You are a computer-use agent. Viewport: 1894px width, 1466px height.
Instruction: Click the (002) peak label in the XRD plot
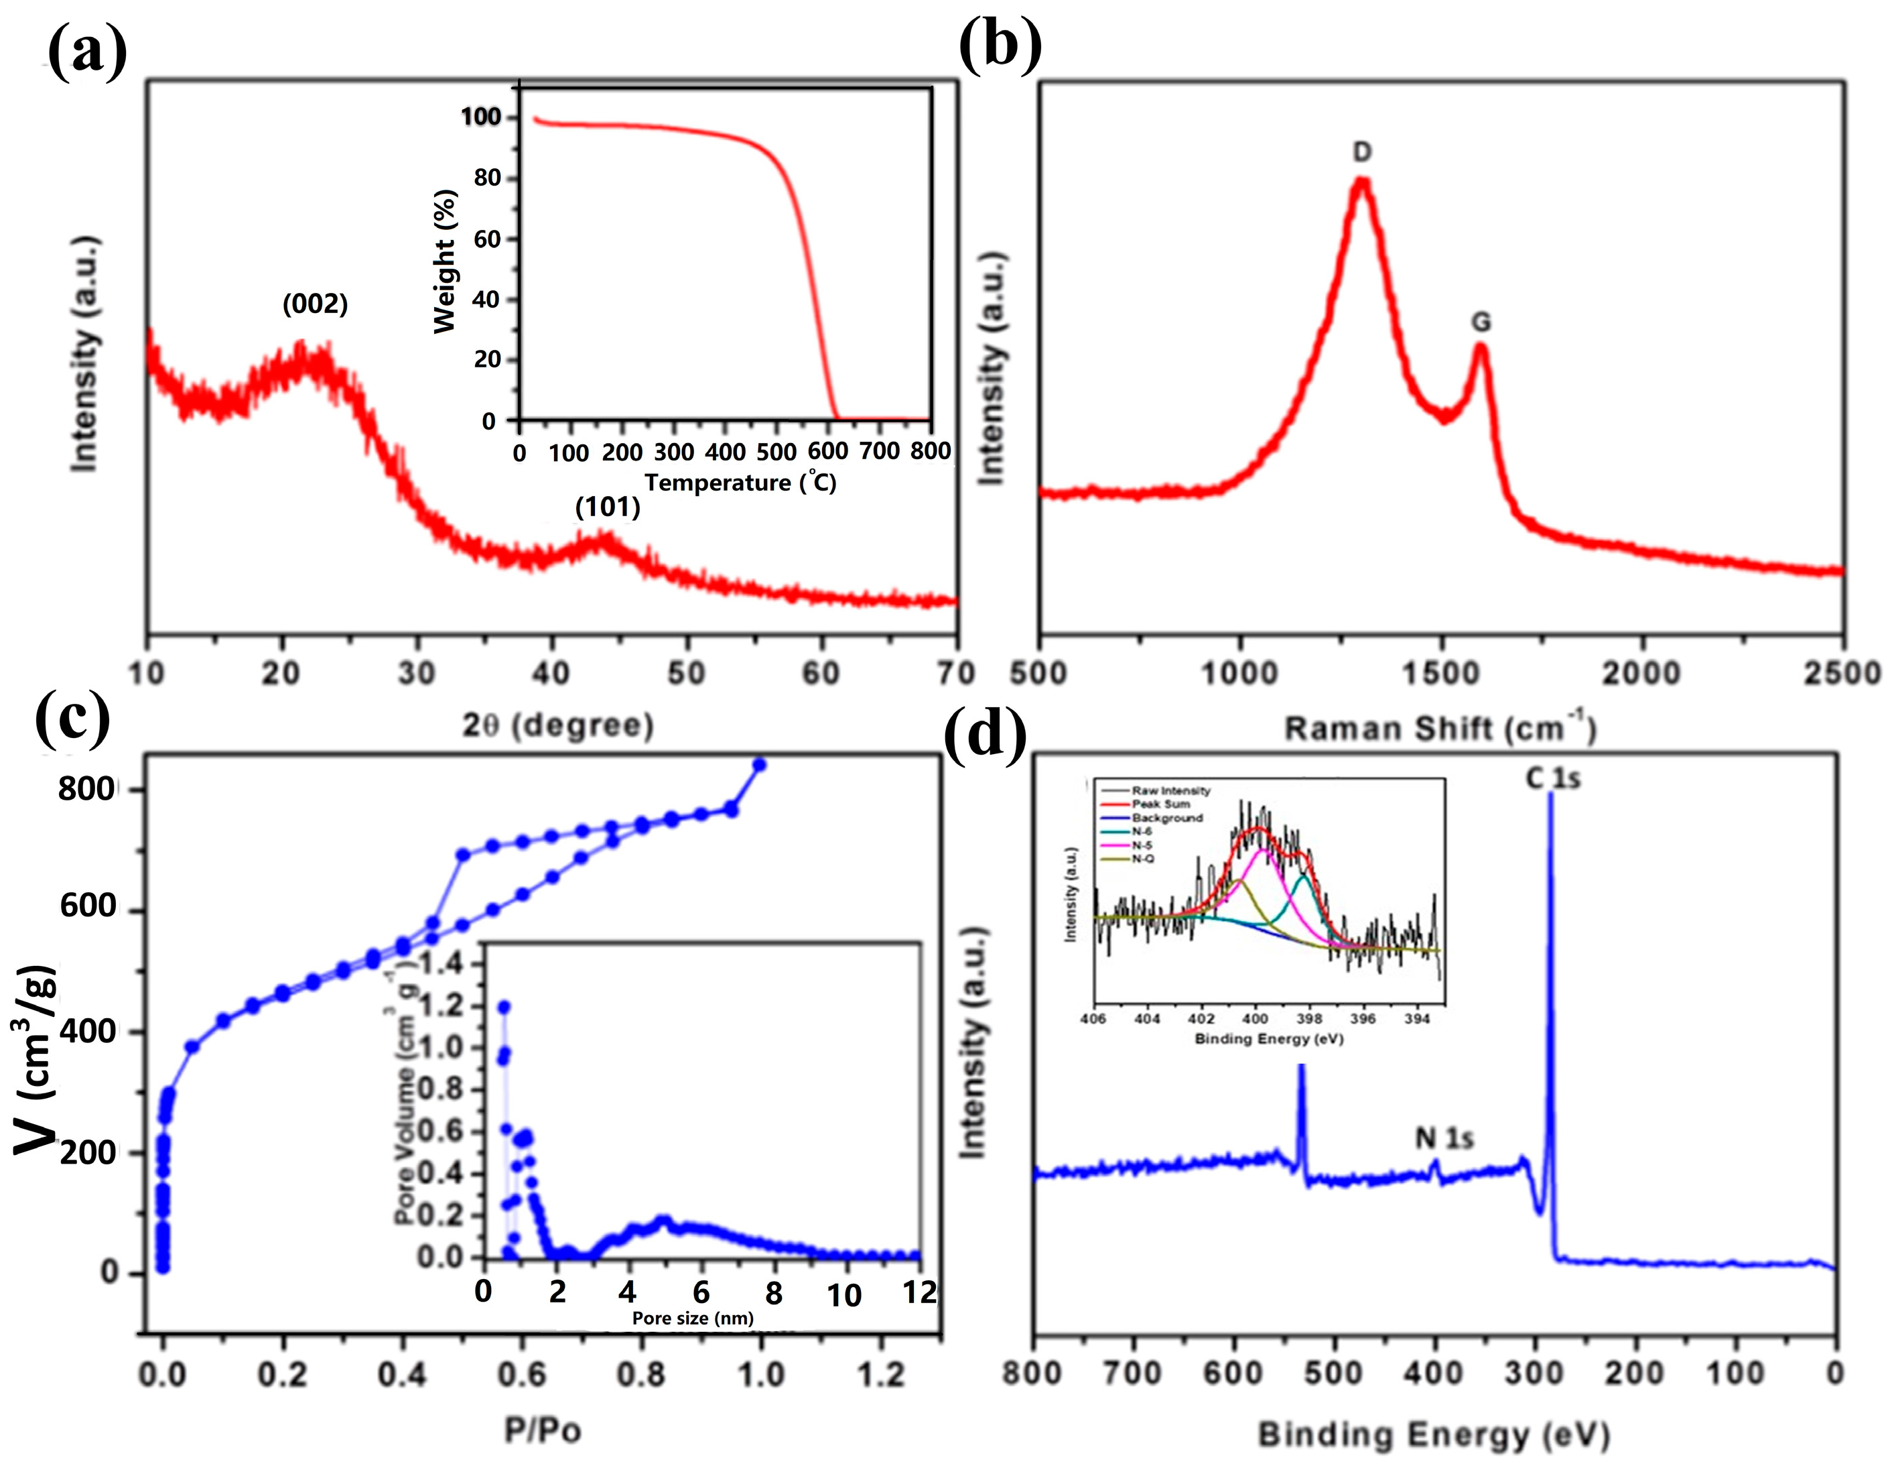tap(315, 304)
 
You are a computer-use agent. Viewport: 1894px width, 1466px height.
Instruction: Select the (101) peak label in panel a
tap(607, 507)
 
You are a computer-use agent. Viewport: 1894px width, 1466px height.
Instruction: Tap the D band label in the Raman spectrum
tap(1361, 153)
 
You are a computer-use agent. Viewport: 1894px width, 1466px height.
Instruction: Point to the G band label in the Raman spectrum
tap(1481, 322)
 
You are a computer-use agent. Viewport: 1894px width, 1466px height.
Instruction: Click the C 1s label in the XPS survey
tap(1552, 779)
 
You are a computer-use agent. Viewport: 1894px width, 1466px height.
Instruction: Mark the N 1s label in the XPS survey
tap(1444, 1138)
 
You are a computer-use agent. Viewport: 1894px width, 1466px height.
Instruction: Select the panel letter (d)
tap(984, 735)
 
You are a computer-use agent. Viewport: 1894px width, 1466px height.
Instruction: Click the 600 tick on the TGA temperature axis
tap(828, 452)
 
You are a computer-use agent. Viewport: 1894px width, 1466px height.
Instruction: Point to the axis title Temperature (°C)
tap(740, 483)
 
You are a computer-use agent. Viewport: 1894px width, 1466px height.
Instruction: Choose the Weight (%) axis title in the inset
tap(445, 260)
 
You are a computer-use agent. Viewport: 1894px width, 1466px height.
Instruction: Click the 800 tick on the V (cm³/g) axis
tap(86, 790)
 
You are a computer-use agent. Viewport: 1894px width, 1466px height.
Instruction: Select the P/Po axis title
tap(543, 1430)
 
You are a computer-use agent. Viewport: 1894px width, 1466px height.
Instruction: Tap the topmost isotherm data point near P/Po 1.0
tap(760, 764)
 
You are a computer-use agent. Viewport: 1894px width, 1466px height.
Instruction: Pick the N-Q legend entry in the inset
tap(1143, 858)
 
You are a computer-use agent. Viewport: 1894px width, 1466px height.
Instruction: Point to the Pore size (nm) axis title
tap(692, 1319)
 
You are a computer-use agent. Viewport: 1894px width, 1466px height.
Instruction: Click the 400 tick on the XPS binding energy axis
tap(1434, 1374)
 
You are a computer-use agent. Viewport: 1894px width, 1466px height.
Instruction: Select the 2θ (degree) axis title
tap(557, 725)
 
